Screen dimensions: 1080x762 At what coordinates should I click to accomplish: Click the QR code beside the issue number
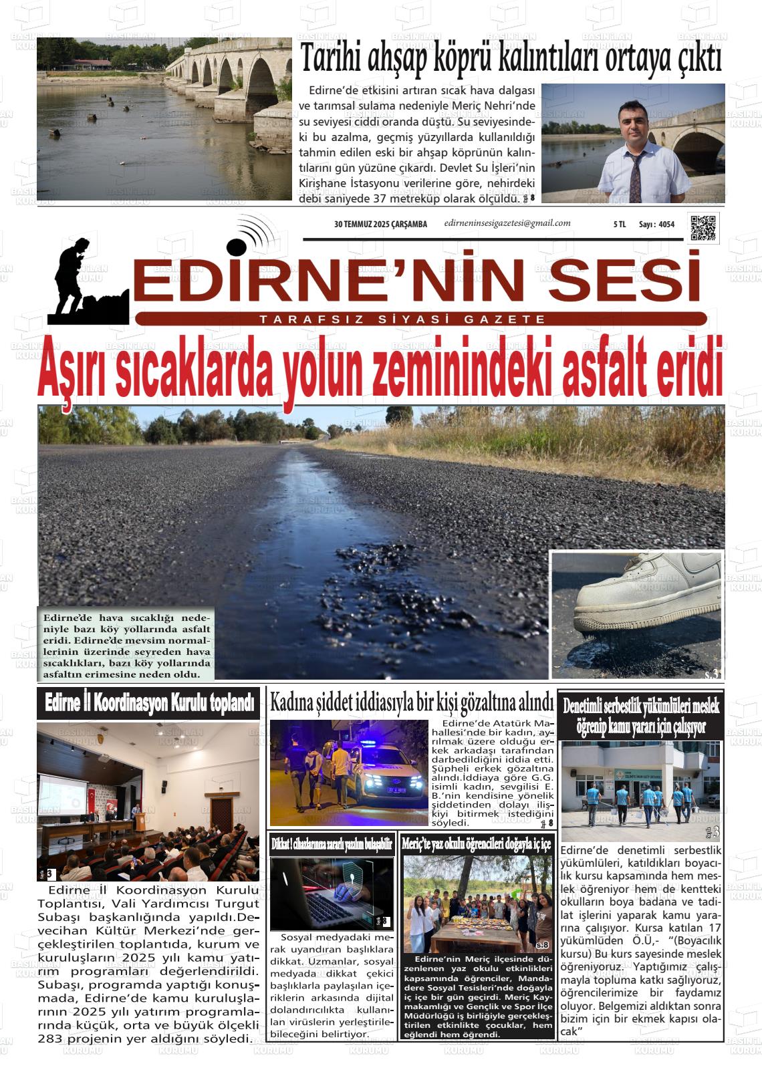(x=703, y=227)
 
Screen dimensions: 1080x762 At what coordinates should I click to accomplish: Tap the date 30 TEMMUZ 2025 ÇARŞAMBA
(x=380, y=225)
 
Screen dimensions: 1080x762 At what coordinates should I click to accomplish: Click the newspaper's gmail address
(x=507, y=223)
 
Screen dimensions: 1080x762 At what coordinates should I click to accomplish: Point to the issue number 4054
(x=666, y=225)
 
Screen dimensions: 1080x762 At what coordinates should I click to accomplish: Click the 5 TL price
(x=619, y=225)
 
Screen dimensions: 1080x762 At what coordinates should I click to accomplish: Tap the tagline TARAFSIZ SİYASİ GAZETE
(x=402, y=320)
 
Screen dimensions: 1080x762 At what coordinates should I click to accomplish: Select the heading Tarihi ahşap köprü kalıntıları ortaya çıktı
(x=511, y=59)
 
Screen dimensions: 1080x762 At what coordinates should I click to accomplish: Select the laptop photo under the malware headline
(x=331, y=894)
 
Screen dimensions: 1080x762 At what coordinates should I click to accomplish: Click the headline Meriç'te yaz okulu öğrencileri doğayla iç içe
(x=476, y=844)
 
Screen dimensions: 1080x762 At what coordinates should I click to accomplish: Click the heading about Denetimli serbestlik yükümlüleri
(x=640, y=716)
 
